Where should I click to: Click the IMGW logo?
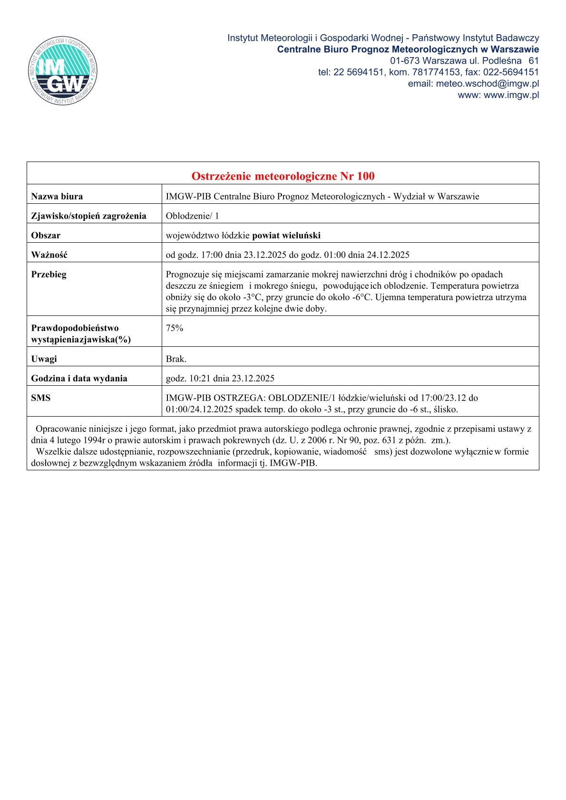point(63,71)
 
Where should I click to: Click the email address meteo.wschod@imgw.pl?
point(487,84)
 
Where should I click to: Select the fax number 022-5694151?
point(511,72)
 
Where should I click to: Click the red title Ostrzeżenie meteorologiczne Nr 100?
point(283,176)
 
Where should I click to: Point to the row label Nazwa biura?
point(57,196)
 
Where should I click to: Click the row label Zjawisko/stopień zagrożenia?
point(88,216)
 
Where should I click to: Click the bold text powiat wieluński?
point(286,235)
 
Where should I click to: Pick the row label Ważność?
point(49,255)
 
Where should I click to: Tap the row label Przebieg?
point(49,274)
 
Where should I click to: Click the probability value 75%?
point(175,328)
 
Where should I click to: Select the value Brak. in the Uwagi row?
point(176,359)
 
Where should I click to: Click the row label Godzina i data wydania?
point(79,378)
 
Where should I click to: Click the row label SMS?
point(40,398)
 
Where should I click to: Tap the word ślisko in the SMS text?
point(445,409)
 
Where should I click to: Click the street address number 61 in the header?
point(534,61)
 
